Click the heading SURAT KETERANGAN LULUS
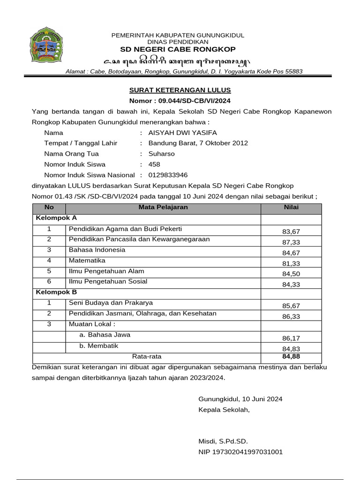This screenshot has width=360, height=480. tap(180, 90)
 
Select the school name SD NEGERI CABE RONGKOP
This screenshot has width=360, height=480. tap(178, 49)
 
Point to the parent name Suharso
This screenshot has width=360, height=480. tap(161, 154)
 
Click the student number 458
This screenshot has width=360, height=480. tap(154, 164)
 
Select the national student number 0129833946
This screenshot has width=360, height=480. tap(168, 175)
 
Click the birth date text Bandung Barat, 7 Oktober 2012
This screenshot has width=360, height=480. tap(198, 143)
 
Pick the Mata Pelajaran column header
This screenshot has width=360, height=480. tap(163, 207)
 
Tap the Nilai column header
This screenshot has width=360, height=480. tap(291, 207)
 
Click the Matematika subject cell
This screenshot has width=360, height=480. tap(87, 260)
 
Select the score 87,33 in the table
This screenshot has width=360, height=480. tap(291, 242)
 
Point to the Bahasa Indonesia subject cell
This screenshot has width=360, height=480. tap(97, 250)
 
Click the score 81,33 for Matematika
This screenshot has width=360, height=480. tap(291, 263)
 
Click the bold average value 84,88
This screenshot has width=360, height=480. tap(291, 356)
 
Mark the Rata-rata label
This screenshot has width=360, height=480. tap(146, 356)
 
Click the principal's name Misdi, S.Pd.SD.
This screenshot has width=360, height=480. tap(223, 441)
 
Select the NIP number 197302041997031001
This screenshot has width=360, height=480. tap(240, 452)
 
